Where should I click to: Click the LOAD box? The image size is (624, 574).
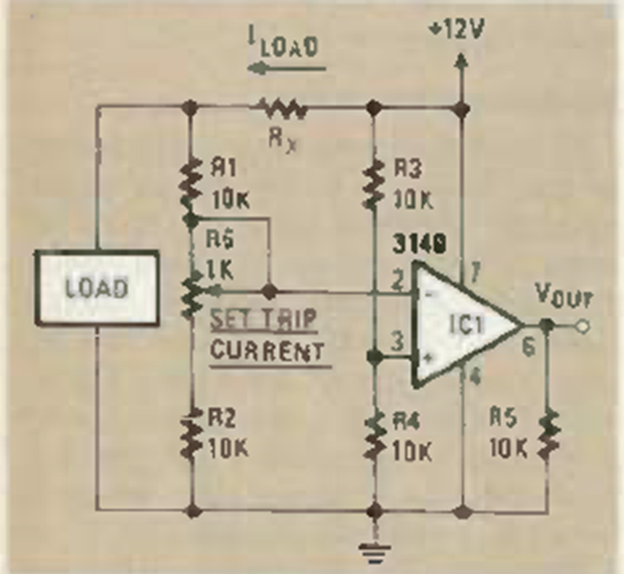(x=98, y=287)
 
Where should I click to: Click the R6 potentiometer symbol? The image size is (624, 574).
(x=193, y=289)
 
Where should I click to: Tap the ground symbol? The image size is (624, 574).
(x=374, y=550)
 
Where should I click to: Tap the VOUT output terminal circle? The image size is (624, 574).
(x=581, y=326)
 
